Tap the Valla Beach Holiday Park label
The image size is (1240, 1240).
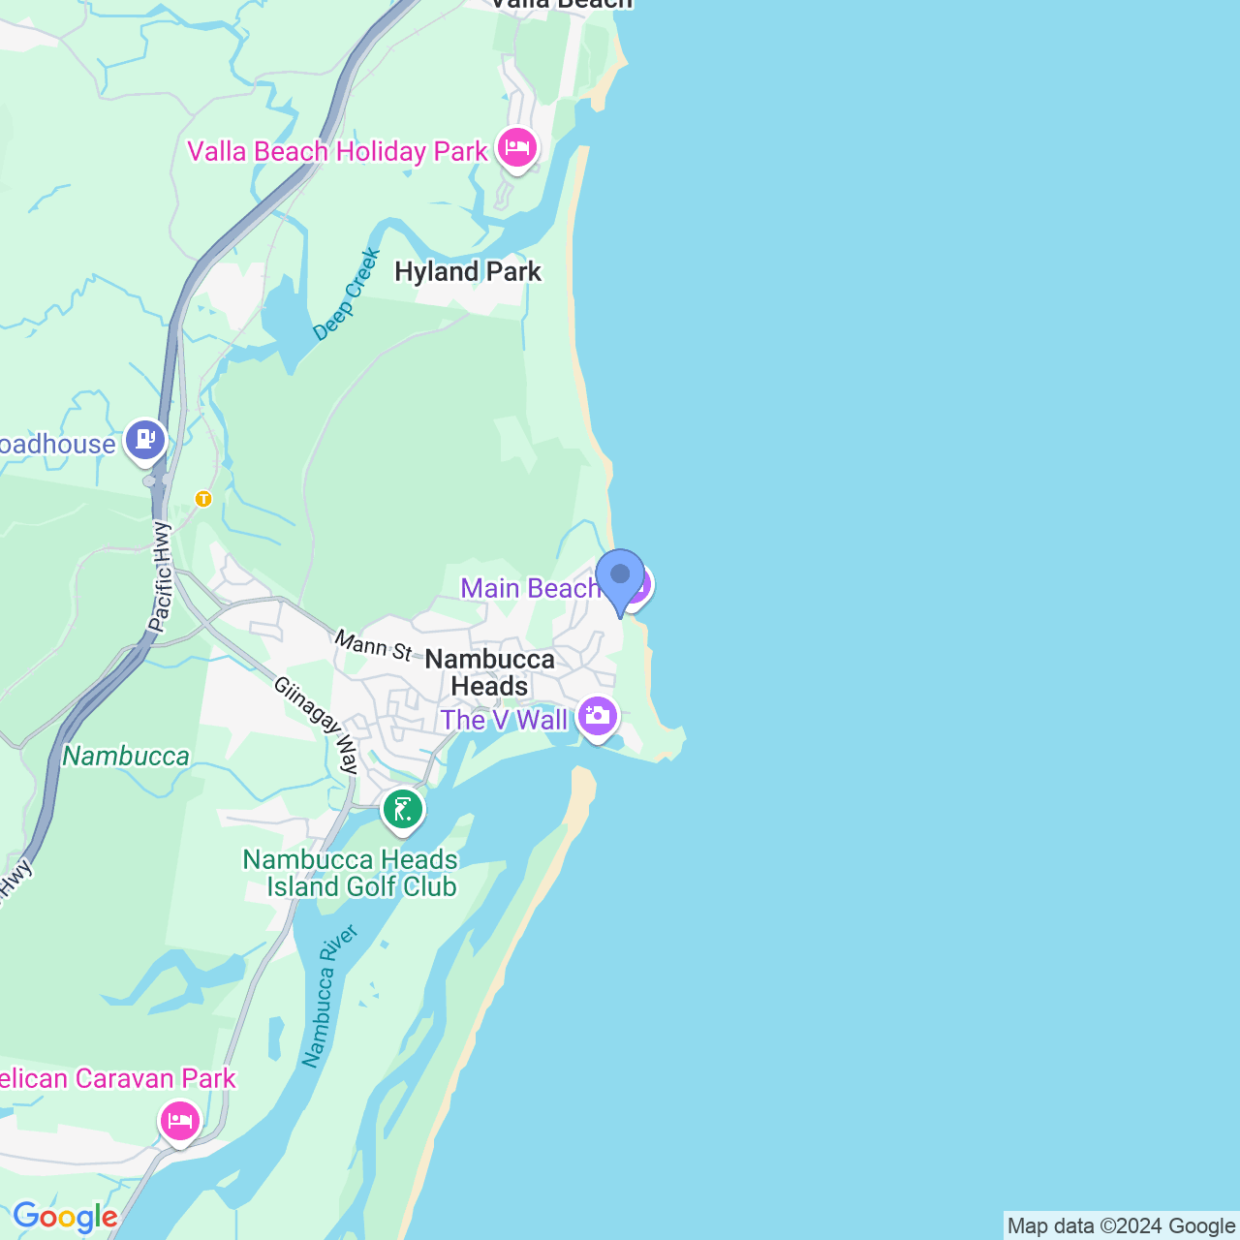[x=337, y=152]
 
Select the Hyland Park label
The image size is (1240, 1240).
[x=468, y=272]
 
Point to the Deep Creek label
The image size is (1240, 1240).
[x=347, y=294]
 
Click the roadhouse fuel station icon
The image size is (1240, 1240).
[x=145, y=441]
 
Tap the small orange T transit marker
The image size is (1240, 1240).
[x=203, y=499]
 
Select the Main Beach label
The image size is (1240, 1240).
[x=529, y=588]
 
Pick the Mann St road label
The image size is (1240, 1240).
[x=374, y=645]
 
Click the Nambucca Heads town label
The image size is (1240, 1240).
[x=490, y=672]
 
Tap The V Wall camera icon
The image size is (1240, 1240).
[x=597, y=718]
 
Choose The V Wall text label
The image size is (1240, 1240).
[x=504, y=721]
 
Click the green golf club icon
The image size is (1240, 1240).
[x=403, y=810]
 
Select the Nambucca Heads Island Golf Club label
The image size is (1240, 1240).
[x=350, y=873]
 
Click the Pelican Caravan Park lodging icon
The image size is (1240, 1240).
[x=180, y=1122]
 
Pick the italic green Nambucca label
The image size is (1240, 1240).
[x=126, y=757]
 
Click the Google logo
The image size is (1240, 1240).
[x=65, y=1217]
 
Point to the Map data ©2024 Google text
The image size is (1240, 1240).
[x=1121, y=1226]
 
